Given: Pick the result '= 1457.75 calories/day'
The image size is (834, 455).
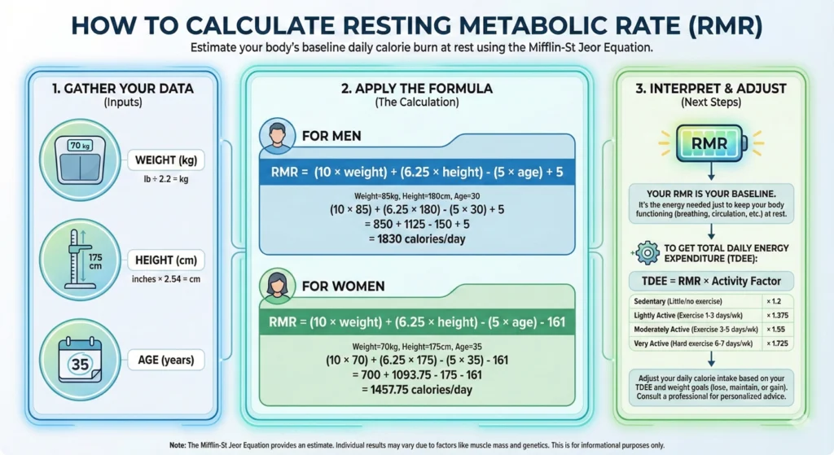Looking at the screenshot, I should (417, 390).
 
